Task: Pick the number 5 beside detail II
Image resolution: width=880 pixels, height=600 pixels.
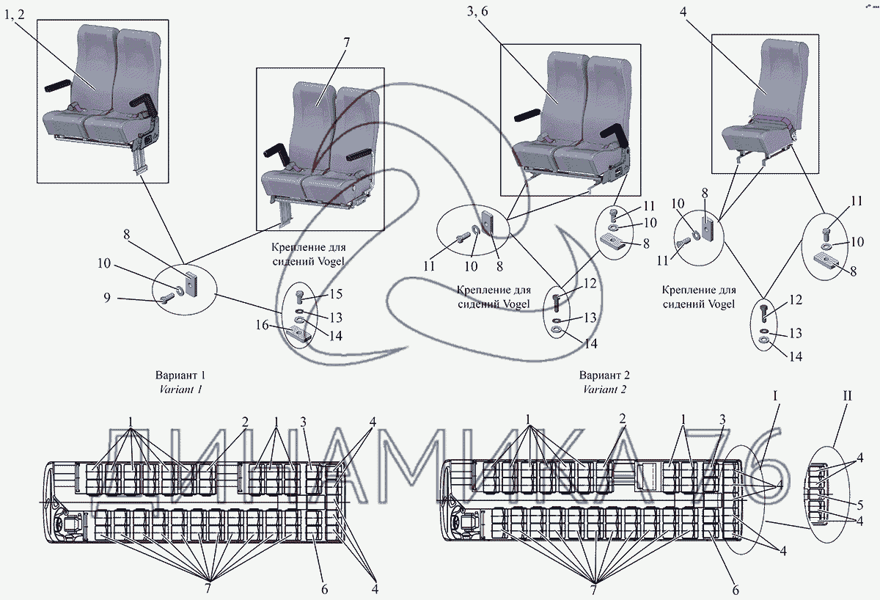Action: tap(859, 505)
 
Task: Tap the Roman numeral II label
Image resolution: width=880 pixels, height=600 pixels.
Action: tap(847, 396)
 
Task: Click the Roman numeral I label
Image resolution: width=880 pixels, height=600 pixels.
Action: tap(775, 396)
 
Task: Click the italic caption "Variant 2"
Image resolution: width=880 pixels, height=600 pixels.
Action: tap(605, 389)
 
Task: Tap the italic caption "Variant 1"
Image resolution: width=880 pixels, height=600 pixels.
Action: tap(180, 389)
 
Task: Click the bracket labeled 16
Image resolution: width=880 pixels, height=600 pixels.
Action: tap(298, 335)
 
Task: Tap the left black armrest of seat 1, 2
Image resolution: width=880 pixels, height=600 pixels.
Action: tap(61, 86)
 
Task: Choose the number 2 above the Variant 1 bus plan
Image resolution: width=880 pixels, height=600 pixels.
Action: tap(246, 422)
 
